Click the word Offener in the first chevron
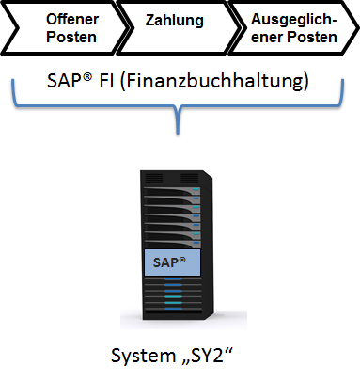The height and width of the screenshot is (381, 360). coord(72,20)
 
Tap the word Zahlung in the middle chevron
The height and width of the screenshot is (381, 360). coord(175,21)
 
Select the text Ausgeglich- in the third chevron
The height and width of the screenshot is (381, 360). coord(293,20)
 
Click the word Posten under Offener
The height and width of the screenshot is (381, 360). coord(71,37)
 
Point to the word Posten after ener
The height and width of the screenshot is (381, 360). coord(312,37)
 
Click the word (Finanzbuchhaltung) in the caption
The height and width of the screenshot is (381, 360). coord(214,81)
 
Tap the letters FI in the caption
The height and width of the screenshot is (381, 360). coord(106,81)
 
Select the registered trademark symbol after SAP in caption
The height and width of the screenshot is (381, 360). coord(87,77)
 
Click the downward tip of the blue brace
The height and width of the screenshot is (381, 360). coord(178,134)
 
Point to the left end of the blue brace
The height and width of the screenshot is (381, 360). coord(13,80)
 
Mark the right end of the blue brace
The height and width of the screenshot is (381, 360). coord(343,80)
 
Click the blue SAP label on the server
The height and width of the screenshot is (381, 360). coord(172,262)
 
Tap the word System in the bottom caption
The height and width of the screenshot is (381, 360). coord(140,356)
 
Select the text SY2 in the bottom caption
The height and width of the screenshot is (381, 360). coord(206,356)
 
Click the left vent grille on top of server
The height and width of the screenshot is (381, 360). coord(154,178)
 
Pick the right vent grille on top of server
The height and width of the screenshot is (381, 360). coord(189,178)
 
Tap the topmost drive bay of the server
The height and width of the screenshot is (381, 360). coord(172,191)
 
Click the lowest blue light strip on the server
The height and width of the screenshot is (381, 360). coord(174,309)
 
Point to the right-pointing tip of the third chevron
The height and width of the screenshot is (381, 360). coord(358,28)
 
